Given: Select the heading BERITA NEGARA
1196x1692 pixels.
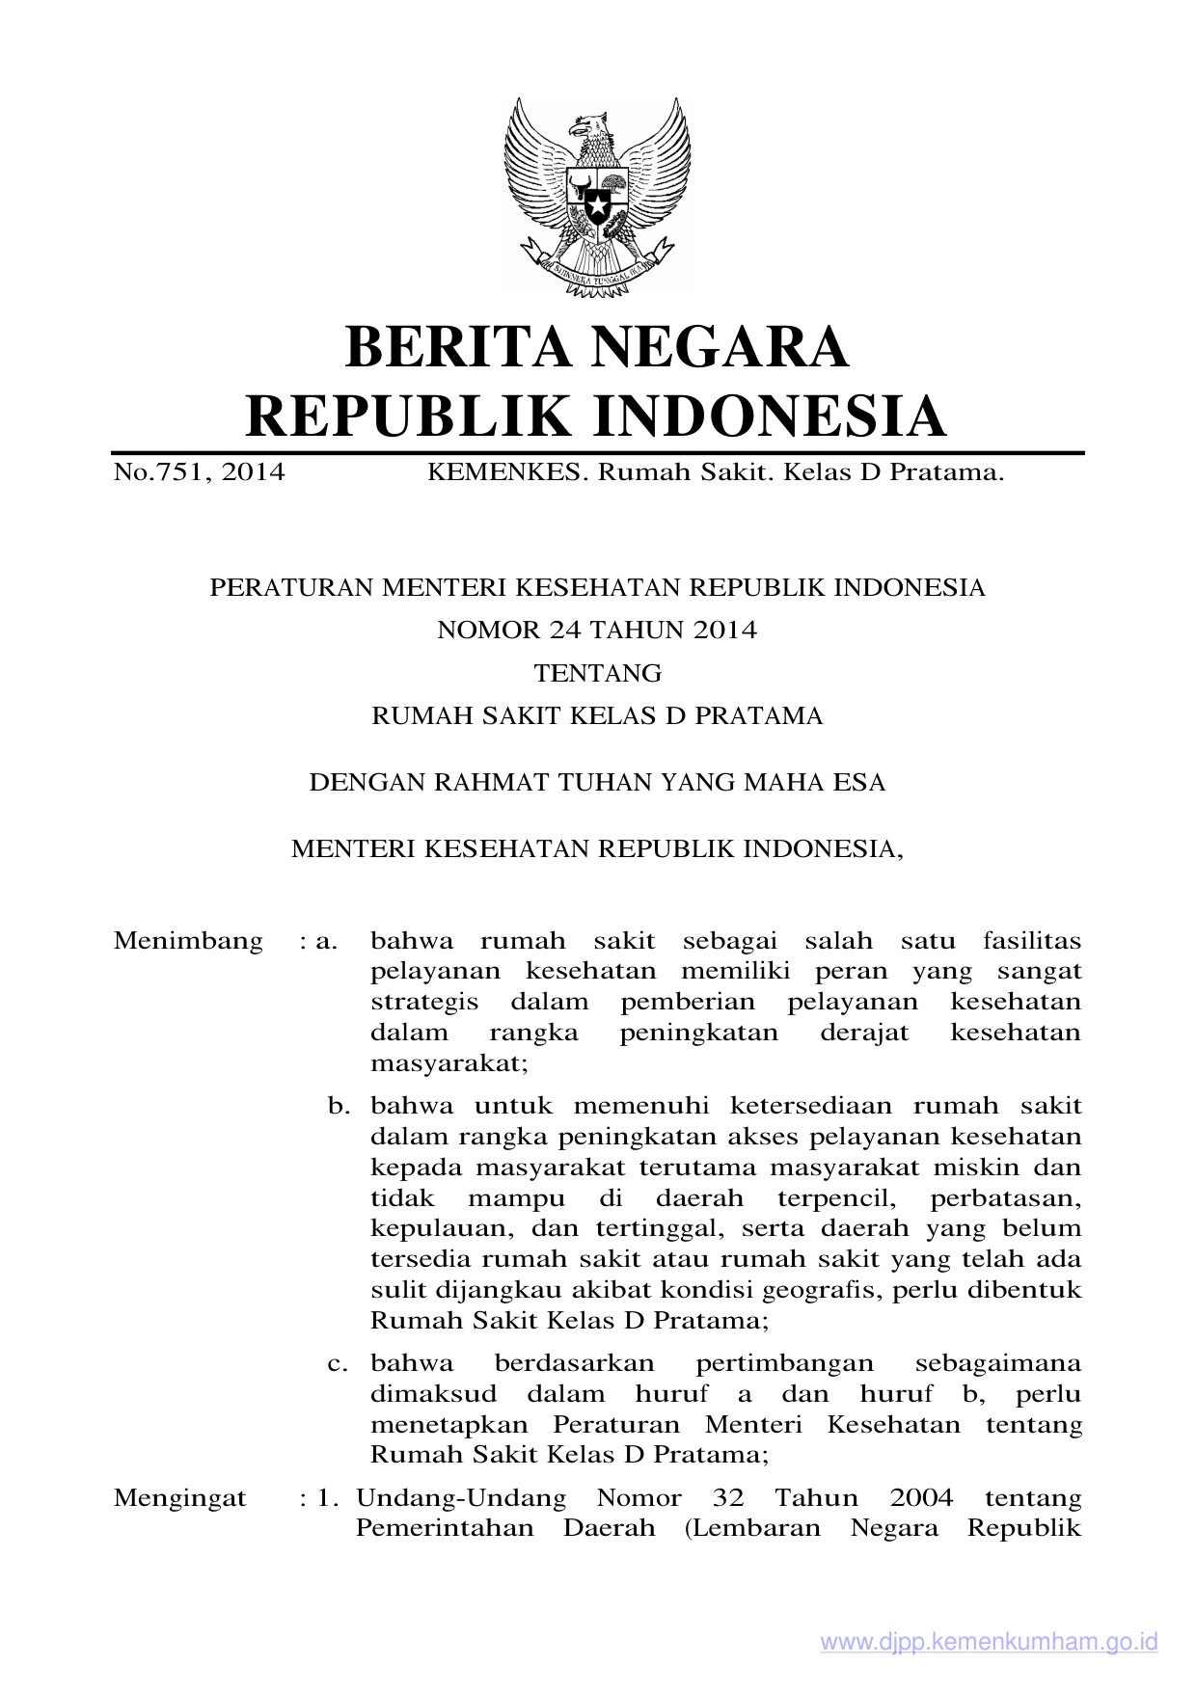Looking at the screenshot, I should coord(597,347).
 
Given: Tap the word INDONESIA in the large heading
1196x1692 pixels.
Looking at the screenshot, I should coord(768,416).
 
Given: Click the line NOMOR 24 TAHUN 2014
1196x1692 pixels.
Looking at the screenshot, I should coord(597,631).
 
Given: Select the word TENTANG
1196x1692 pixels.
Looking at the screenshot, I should coord(597,673).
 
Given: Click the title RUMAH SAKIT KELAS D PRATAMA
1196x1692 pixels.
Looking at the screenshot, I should coord(597,716).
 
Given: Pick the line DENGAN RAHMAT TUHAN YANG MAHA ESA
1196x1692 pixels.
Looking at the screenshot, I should coord(597,782).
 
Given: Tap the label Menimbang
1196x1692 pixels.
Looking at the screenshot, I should coord(188,941).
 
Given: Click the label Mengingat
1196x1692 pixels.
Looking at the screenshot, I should coord(180,1498).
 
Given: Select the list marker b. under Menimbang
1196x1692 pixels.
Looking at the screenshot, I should coord(339,1106).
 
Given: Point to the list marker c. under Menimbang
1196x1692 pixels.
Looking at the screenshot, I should coord(339,1364).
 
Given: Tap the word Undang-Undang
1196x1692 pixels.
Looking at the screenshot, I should coord(461,1498).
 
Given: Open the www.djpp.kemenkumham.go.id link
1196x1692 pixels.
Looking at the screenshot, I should coord(989,1642).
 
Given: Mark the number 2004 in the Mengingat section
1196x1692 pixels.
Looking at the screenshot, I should coord(921,1498).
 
